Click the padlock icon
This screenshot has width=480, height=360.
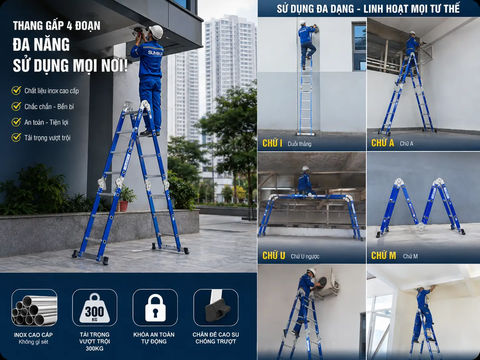point(155,307)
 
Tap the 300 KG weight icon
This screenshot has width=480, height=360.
point(95,308)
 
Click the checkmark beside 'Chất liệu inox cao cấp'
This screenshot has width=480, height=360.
point(16,90)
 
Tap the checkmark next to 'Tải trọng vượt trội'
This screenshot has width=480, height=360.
point(16,137)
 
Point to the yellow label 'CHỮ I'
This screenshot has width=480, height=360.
point(272,143)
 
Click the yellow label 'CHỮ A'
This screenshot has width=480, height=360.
point(382,143)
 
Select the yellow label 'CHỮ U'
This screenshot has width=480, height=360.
point(274,255)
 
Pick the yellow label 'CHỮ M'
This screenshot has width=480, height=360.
point(383,255)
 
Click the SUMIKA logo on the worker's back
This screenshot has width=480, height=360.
point(155,52)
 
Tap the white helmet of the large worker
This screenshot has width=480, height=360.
point(156,32)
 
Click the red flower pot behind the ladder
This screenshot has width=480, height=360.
point(124,206)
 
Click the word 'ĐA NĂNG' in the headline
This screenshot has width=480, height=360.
point(41,45)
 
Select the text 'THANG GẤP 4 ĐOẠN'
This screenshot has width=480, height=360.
point(57,26)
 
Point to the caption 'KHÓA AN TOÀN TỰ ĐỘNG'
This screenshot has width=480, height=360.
point(154,338)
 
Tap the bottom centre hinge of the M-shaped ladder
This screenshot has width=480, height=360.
point(420,227)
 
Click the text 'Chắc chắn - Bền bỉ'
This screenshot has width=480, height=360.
point(49,106)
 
